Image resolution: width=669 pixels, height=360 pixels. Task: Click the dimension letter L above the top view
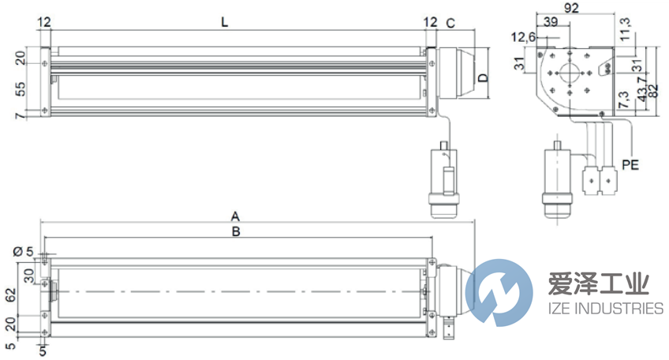pos(225,23)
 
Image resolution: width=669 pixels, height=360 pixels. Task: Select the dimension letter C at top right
pos(450,23)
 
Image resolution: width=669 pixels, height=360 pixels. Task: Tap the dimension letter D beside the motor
pos(483,77)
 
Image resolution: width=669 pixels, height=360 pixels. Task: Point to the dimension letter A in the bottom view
pos(234,215)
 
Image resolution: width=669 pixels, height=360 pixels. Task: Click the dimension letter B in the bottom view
pos(234,231)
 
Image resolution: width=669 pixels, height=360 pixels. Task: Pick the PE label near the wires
pos(630,166)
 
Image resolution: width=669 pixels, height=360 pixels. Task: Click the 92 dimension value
pos(573,9)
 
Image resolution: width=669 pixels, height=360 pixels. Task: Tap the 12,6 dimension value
pos(523,37)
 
